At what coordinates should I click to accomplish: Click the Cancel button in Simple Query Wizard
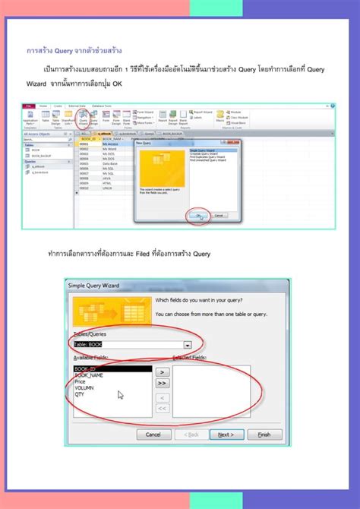(x=153, y=435)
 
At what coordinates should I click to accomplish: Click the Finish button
(x=264, y=435)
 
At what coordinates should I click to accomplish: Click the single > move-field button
(x=162, y=371)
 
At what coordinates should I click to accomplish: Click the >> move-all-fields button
(x=162, y=383)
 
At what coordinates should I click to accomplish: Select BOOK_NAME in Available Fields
(x=90, y=375)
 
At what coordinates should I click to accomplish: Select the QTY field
(x=81, y=395)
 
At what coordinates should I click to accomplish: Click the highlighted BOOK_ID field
(x=87, y=369)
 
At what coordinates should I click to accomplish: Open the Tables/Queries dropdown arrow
(x=187, y=344)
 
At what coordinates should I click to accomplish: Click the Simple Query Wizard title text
(x=94, y=284)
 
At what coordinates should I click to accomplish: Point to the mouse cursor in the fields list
(x=120, y=394)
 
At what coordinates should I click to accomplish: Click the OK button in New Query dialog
(x=199, y=215)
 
